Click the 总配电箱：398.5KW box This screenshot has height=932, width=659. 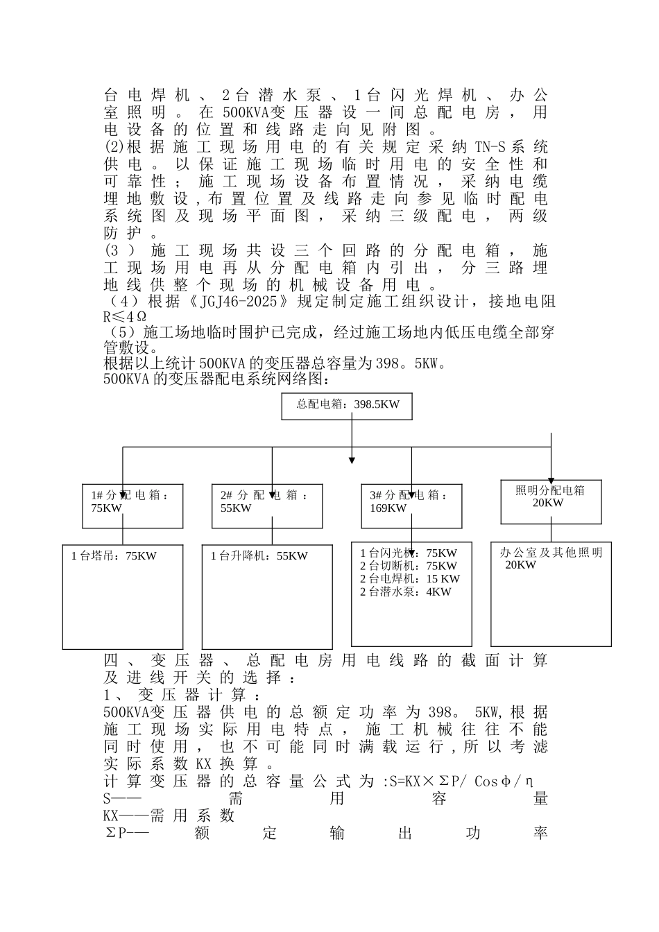coord(346,405)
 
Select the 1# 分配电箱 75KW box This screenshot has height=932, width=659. coord(132,506)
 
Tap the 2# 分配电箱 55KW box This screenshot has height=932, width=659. coord(266,506)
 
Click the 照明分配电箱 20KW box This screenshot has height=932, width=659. coord(551,501)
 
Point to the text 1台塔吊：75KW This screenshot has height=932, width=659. coord(114,556)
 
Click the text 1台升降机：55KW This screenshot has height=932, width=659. coord(259,556)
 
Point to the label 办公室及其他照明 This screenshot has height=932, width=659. coord(551,553)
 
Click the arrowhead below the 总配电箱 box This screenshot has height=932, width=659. coord(352,459)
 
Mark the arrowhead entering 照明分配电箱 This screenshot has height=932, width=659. coord(551,479)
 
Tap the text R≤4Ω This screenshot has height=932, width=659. coord(124,318)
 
